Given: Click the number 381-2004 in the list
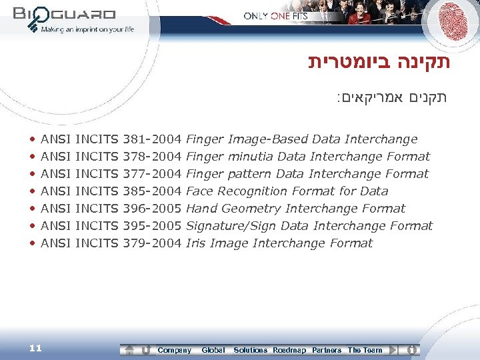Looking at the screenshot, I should tap(153, 139).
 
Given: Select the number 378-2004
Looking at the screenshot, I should tap(153, 157).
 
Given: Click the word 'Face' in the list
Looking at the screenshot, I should tap(199, 191).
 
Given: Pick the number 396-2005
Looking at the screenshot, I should tap(153, 209).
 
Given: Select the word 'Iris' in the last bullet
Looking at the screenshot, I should tap(196, 243).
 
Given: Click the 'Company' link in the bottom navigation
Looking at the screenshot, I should tap(174, 350).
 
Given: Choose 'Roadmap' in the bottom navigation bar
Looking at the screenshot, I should tap(289, 350).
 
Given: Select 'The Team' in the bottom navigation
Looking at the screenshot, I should tap(365, 350).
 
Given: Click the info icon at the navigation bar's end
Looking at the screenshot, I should tap(412, 349).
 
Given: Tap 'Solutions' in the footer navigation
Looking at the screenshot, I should tap(250, 350).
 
